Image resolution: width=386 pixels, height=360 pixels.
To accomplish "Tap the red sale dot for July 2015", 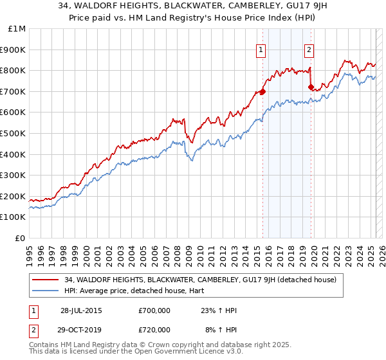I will point(262,91).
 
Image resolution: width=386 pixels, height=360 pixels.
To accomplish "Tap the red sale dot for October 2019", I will point(311,87).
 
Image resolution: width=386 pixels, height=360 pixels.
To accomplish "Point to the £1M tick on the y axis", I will point(18,29).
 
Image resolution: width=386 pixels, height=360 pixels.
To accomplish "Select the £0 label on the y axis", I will point(19,238).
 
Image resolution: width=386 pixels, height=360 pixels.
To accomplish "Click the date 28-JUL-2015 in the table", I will point(81,310).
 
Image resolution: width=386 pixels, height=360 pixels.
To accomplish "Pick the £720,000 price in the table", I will point(154,329).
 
